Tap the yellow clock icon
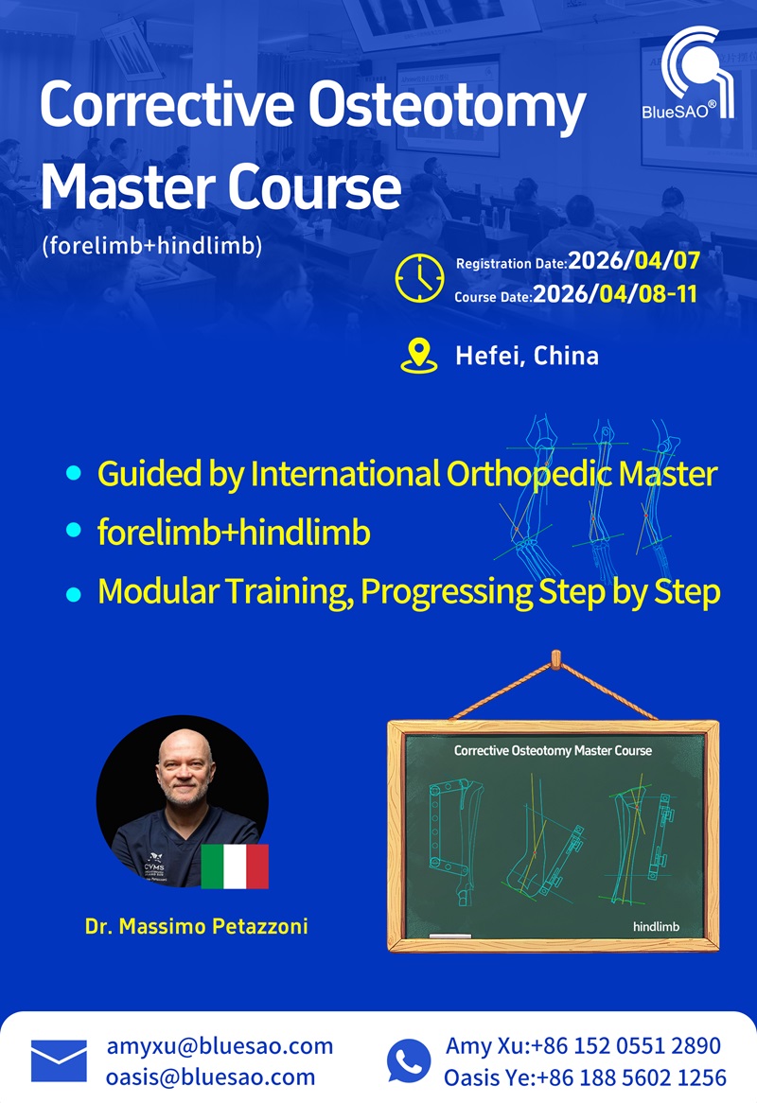point(419,278)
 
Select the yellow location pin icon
point(418,356)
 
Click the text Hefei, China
point(527,356)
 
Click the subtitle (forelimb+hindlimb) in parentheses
point(152,246)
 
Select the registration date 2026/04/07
point(634,261)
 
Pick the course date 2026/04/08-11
point(615,294)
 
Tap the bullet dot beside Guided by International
point(73,473)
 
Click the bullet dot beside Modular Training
point(73,594)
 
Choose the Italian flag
point(235,867)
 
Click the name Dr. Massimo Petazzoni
point(196,926)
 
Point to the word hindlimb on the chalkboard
point(657,926)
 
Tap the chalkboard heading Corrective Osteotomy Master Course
point(553,750)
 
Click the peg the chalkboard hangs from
point(555,659)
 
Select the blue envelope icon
point(59,1060)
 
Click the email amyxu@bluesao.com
point(220,1046)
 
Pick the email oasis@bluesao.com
point(210,1077)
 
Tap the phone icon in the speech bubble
point(409,1060)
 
